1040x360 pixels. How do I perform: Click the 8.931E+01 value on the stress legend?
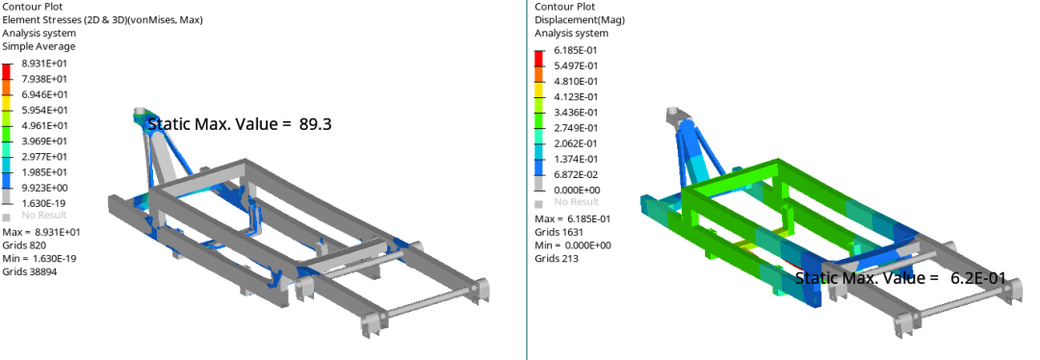coord(44,64)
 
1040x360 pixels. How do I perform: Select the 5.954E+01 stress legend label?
coord(44,110)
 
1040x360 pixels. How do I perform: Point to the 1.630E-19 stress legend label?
coord(44,203)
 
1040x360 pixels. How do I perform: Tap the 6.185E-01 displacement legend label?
coord(577,50)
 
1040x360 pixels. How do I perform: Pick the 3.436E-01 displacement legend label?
coord(577,113)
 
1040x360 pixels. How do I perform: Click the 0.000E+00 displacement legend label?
coord(577,191)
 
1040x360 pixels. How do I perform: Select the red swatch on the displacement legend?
coord(539,59)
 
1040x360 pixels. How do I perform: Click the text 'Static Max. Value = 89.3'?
coord(240,124)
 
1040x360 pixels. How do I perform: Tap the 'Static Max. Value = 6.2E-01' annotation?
coord(900,278)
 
